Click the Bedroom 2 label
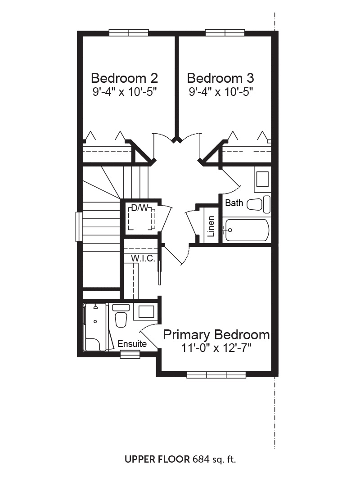point(124,78)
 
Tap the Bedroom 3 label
point(220,78)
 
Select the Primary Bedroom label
point(216,335)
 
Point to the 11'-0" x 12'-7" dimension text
point(216,348)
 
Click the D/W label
point(139,208)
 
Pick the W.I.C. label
point(143,258)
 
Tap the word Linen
point(211,226)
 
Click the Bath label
point(234,203)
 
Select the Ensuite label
point(132,344)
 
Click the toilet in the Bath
point(258,204)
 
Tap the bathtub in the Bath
point(247,230)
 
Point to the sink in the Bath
point(262,179)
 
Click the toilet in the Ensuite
point(121,315)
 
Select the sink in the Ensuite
point(146,312)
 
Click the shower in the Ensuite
point(95,327)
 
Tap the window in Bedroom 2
point(129,32)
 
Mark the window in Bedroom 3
point(225,32)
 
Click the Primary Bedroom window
point(216,375)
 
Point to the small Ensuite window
point(130,355)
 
